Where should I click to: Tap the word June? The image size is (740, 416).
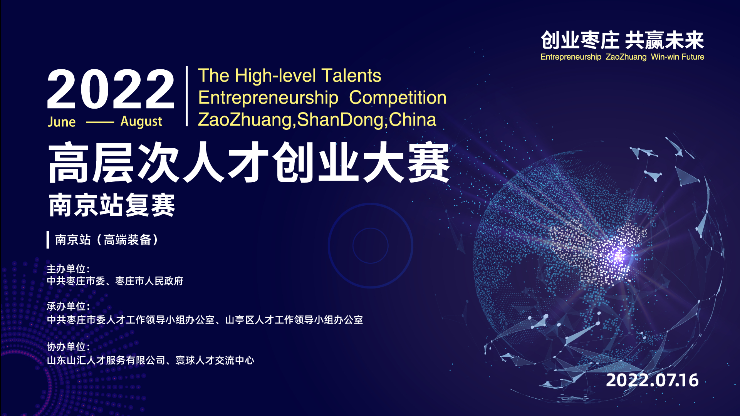pos(62,122)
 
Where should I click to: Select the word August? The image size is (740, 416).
pos(141,122)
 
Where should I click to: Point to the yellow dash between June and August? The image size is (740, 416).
pos(100,122)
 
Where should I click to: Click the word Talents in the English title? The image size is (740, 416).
pos(351,75)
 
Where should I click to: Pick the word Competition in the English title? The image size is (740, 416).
pos(398,98)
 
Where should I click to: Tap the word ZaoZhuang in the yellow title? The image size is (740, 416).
pos(245,120)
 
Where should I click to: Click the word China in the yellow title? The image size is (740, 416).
pos(413,119)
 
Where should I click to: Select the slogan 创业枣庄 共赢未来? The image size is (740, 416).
pos(622,40)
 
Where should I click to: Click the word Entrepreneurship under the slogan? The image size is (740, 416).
pos(571,57)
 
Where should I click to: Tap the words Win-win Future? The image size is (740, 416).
pos(678,57)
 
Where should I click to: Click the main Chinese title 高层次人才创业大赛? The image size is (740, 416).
pos(249,162)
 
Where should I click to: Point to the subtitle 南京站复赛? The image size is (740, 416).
pos(112,205)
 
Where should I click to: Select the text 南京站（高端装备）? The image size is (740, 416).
pos(107,240)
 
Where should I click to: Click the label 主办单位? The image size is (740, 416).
pos(68,269)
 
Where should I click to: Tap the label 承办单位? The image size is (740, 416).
pos(68,306)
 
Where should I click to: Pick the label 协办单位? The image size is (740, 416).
pos(68,347)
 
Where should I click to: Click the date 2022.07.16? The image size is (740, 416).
pos(652,381)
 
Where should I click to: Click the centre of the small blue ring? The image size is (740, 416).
pos(371,246)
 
